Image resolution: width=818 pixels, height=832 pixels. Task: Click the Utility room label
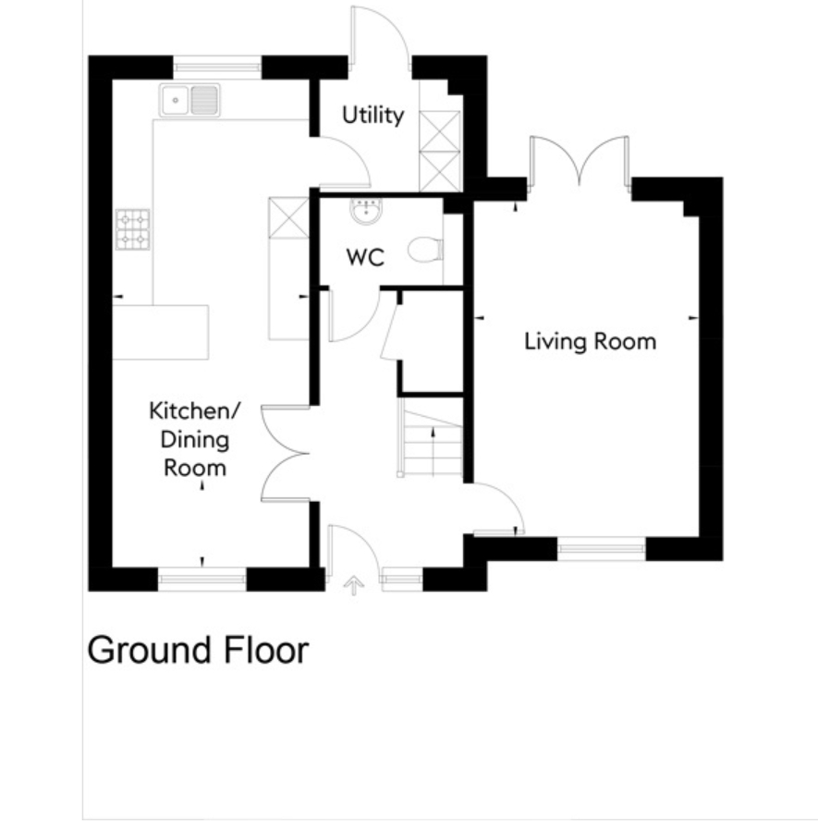pyautogui.click(x=372, y=116)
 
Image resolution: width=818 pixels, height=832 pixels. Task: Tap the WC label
pyautogui.click(x=365, y=258)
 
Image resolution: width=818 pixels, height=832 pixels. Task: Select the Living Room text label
pyautogui.click(x=591, y=341)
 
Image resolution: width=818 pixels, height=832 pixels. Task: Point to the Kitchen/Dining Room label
pyautogui.click(x=195, y=439)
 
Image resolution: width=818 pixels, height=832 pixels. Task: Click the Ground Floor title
pyautogui.click(x=198, y=650)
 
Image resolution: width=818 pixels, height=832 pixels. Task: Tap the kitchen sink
pyautogui.click(x=189, y=100)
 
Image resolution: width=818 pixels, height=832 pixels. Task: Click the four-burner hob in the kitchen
pyautogui.click(x=132, y=229)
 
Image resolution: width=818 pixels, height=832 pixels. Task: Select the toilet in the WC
pyautogui.click(x=426, y=250)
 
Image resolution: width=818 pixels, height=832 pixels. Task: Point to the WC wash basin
pyautogui.click(x=365, y=210)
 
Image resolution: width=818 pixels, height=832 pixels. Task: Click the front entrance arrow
pyautogui.click(x=353, y=586)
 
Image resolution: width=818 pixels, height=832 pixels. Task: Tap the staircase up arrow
pyautogui.click(x=434, y=451)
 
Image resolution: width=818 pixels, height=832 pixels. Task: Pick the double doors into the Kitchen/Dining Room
pyautogui.click(x=286, y=454)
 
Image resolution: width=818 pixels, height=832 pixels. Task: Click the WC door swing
pyautogui.click(x=354, y=316)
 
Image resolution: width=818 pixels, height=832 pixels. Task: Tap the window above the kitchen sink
pyautogui.click(x=217, y=67)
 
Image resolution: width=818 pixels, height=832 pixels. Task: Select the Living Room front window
pyautogui.click(x=601, y=548)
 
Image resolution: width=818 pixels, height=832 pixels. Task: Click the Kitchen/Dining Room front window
pyautogui.click(x=202, y=579)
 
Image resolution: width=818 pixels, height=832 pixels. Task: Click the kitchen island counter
pyautogui.click(x=160, y=332)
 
